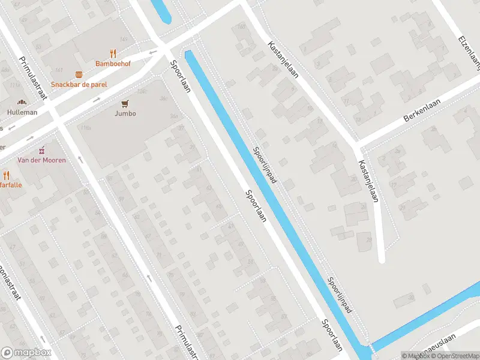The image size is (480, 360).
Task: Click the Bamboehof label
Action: pos(113,63)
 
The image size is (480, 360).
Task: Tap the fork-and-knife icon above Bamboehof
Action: pos(113,53)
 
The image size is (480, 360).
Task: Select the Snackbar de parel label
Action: pos(79,85)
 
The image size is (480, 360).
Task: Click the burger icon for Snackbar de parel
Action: pos(79,74)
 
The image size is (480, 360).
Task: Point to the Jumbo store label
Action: pos(125,113)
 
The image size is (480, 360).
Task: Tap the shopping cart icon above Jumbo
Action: pos(125,103)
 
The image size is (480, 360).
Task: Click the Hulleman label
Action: pos(22,112)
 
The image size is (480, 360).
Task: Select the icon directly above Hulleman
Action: pos(22,103)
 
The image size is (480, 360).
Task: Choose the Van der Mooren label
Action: pos(41,160)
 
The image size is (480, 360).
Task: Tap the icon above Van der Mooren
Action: pos(41,150)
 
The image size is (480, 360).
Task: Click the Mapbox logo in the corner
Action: pos(25,352)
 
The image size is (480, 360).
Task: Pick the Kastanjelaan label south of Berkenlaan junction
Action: pos(368,181)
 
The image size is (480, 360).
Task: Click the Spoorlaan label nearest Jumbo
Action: pos(180,76)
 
